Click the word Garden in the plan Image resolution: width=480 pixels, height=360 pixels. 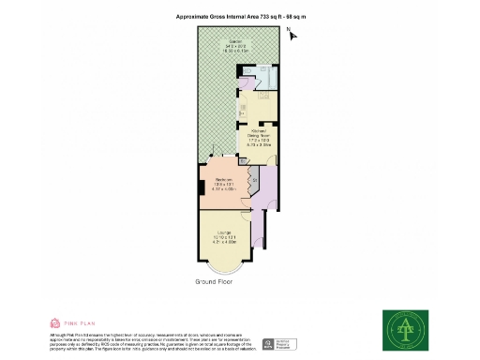[x=233, y=41]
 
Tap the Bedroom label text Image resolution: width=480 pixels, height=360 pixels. [x=224, y=178]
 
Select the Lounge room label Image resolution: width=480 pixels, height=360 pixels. [x=225, y=231]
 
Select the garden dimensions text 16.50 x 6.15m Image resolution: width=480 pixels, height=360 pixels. [x=233, y=52]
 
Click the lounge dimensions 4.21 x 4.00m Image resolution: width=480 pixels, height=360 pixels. [x=225, y=242]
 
